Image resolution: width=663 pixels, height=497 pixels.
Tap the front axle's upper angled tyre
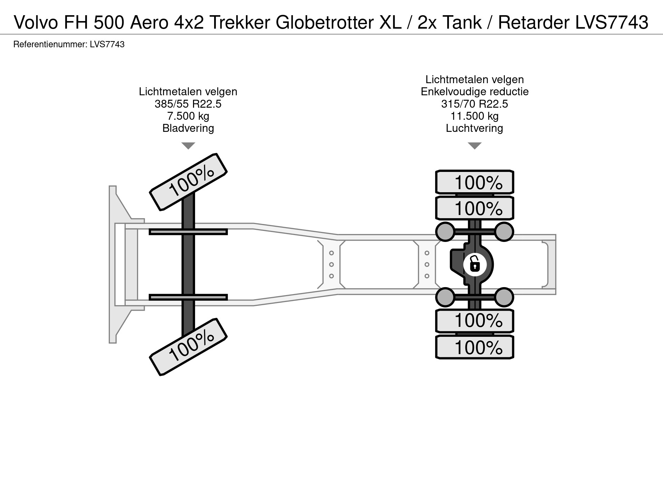point(188,182)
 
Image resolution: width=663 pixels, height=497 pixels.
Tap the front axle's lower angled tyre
point(188,347)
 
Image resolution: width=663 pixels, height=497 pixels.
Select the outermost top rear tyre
point(474,182)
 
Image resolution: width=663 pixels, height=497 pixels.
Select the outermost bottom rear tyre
point(474,347)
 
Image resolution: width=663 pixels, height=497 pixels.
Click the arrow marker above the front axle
point(188,146)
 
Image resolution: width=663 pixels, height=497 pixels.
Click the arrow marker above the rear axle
point(474,146)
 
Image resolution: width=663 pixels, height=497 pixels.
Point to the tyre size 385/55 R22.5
point(188,104)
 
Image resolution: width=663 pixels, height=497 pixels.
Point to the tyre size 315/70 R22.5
point(474,104)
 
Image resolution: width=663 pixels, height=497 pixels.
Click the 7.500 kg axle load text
point(188,116)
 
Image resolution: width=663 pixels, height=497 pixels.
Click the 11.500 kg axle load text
point(474,116)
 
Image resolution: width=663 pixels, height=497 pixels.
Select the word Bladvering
point(188,128)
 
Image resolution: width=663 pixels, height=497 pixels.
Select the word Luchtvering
point(474,128)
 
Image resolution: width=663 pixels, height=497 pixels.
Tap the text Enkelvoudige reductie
point(474,92)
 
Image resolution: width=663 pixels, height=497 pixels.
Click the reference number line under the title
point(69,45)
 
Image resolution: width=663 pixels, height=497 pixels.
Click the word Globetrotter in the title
point(324,23)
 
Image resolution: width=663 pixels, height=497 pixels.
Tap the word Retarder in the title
point(534,23)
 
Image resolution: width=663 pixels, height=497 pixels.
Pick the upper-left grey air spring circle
point(445,231)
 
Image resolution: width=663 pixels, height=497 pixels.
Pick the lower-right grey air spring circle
point(504,297)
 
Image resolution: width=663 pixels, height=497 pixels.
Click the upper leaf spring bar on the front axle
point(188,232)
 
